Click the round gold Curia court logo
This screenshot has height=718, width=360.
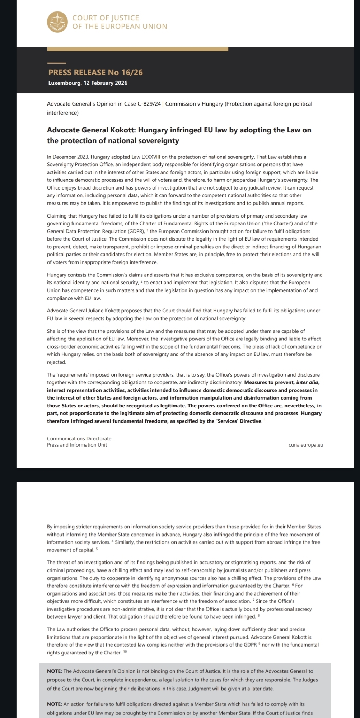[57, 22]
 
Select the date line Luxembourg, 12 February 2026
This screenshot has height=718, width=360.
[88, 83]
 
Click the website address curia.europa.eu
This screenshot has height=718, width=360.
[305, 445]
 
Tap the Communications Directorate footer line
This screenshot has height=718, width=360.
[79, 439]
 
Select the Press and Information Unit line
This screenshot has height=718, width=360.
[77, 445]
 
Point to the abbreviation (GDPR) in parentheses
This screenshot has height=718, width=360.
[136, 231]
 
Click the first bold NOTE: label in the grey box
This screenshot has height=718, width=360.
[55, 671]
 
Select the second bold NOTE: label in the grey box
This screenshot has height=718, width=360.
[55, 704]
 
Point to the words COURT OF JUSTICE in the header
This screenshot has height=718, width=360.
[106, 18]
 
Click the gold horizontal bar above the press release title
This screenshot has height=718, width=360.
[137, 49]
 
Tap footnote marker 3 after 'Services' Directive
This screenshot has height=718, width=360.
[264, 420]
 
